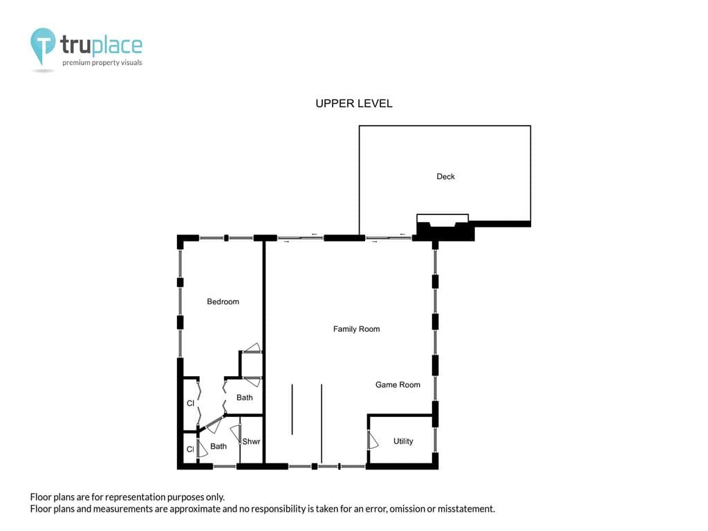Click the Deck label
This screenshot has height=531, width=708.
click(445, 176)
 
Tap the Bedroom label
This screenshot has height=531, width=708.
click(223, 301)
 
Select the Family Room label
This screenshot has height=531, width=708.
click(356, 329)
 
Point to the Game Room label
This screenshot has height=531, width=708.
click(398, 384)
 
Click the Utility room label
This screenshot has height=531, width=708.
click(403, 441)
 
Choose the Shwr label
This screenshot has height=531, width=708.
click(251, 442)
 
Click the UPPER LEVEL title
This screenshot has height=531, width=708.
click(354, 104)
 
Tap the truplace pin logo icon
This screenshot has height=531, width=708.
click(43, 46)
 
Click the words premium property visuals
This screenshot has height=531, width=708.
click(102, 63)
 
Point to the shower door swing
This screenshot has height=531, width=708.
click(236, 434)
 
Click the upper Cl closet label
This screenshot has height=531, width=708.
click(191, 403)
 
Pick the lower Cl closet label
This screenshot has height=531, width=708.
click(190, 449)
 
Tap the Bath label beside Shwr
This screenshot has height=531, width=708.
click(218, 446)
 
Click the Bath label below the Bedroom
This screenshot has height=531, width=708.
click(245, 398)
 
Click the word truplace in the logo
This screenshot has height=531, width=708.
click(101, 45)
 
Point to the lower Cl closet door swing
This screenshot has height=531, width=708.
click(202, 447)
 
